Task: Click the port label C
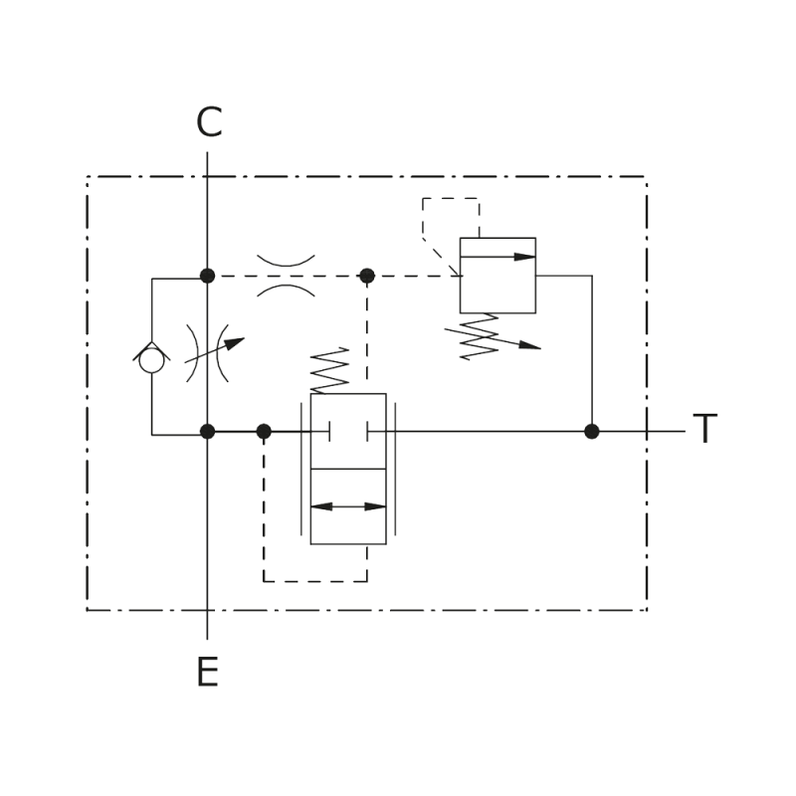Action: (x=209, y=121)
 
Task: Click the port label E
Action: (x=208, y=671)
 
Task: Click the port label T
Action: (x=705, y=428)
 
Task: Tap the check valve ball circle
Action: (x=152, y=360)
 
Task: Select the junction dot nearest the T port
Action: (x=592, y=432)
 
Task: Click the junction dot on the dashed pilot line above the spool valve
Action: (x=367, y=276)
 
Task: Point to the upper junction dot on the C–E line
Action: (x=207, y=276)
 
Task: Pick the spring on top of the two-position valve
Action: (x=329, y=370)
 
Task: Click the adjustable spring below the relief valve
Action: (x=480, y=336)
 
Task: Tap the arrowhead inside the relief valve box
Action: (x=524, y=257)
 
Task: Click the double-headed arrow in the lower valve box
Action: (x=348, y=506)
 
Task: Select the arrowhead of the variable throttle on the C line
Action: (x=236, y=343)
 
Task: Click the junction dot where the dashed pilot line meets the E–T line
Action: (x=264, y=432)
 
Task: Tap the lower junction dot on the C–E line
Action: (x=207, y=432)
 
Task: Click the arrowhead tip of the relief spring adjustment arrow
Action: (x=540, y=349)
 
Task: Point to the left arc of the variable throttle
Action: (x=193, y=353)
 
